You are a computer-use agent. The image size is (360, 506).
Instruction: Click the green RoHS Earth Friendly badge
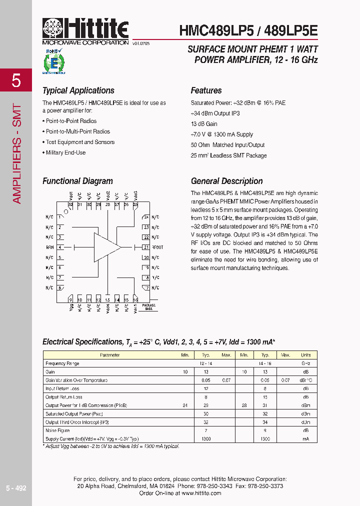51,62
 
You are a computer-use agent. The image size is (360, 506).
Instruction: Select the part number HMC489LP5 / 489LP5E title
248,31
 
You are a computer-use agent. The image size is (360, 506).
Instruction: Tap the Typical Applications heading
78,90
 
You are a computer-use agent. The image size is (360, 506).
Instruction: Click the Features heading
206,90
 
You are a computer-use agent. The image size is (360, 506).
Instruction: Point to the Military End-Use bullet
65,152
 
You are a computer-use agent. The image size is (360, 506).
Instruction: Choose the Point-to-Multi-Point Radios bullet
77,131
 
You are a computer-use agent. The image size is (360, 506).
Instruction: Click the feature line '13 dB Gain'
204,124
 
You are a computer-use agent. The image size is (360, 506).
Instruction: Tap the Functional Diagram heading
77,181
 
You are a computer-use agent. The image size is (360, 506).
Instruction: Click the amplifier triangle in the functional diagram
106,247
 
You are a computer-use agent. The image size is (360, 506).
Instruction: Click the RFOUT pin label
157,247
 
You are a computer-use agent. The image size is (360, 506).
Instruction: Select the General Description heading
226,181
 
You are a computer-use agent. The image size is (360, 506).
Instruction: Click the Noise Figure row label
58,430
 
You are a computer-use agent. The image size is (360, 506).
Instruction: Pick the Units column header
305,355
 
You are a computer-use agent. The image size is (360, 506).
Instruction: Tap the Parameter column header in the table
109,355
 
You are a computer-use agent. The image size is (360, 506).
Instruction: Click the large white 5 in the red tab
16,80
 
